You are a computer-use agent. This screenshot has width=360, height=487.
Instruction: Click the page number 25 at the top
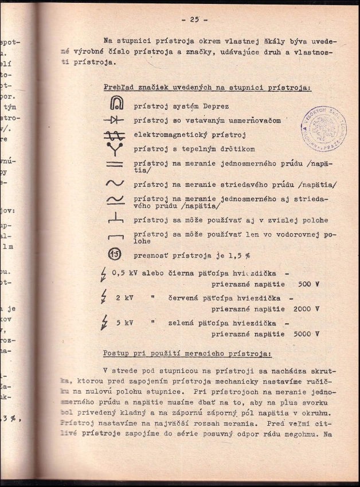click(194, 19)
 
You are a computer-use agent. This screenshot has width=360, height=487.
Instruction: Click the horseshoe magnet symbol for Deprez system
click(114, 105)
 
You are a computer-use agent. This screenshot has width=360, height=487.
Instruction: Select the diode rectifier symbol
click(114, 121)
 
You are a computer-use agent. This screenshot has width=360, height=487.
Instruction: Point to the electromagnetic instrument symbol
click(114, 136)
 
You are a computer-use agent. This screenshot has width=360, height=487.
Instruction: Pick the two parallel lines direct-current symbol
click(114, 165)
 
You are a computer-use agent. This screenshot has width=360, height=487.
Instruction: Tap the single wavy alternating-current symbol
click(114, 184)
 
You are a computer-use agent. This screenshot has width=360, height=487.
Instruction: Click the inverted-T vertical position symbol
click(114, 218)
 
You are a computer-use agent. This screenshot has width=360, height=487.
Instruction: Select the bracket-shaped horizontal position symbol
click(114, 235)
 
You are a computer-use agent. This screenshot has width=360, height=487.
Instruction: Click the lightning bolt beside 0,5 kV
click(103, 274)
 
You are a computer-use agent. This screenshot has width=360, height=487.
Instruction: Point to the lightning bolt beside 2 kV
click(103, 298)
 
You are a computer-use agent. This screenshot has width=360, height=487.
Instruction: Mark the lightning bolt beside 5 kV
click(104, 323)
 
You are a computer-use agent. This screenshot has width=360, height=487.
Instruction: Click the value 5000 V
click(305, 333)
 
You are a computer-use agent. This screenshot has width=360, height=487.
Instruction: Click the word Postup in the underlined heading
click(118, 354)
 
